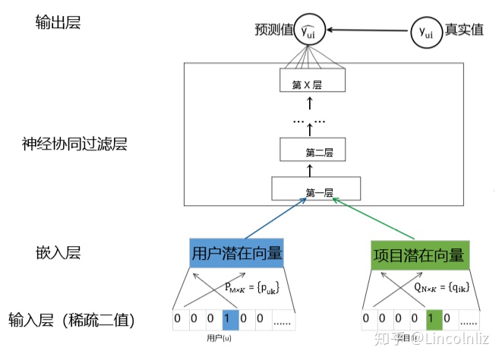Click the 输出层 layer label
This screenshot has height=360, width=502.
pyautogui.click(x=58, y=23)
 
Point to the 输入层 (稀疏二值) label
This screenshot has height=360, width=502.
pyautogui.click(x=72, y=320)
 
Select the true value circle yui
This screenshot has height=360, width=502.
pyautogui.click(x=426, y=31)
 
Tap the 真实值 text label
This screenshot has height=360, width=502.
pyautogui.click(x=465, y=31)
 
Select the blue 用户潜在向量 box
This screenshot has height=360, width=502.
pyautogui.click(x=237, y=254)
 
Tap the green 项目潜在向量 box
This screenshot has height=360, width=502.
pyautogui.click(x=418, y=254)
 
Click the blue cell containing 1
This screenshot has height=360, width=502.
pyautogui.click(x=230, y=318)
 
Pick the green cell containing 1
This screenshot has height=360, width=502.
pyautogui.click(x=434, y=318)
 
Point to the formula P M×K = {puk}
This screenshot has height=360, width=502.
pyautogui.click(x=251, y=287)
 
